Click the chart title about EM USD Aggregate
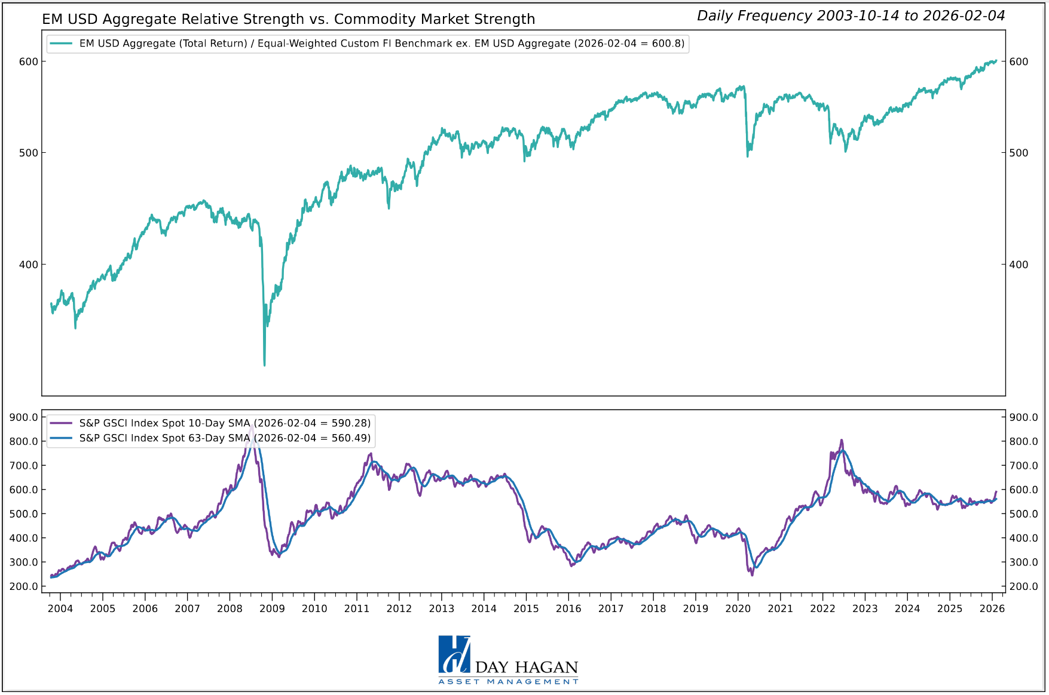coord(288,19)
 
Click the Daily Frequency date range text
coord(851,16)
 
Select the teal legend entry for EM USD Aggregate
coord(368,44)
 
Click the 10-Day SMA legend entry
coord(210,423)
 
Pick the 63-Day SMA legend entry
coord(210,438)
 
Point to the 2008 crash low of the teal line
coord(264,364)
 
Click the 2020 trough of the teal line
coord(747,156)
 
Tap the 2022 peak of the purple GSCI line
coord(842,441)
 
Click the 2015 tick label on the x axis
coord(526,609)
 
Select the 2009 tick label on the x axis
coord(272,609)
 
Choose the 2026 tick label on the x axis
coord(992,609)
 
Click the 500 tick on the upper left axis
coord(28,153)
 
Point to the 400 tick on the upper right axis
coord(1019,265)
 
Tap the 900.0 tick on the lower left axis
coord(24,417)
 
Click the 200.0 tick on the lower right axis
coord(1023,586)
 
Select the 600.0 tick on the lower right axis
coord(1023,490)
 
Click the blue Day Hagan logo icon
coord(454,654)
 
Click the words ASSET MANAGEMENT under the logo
coord(508,681)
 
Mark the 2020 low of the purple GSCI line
coord(752,574)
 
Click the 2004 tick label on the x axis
coord(60,609)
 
